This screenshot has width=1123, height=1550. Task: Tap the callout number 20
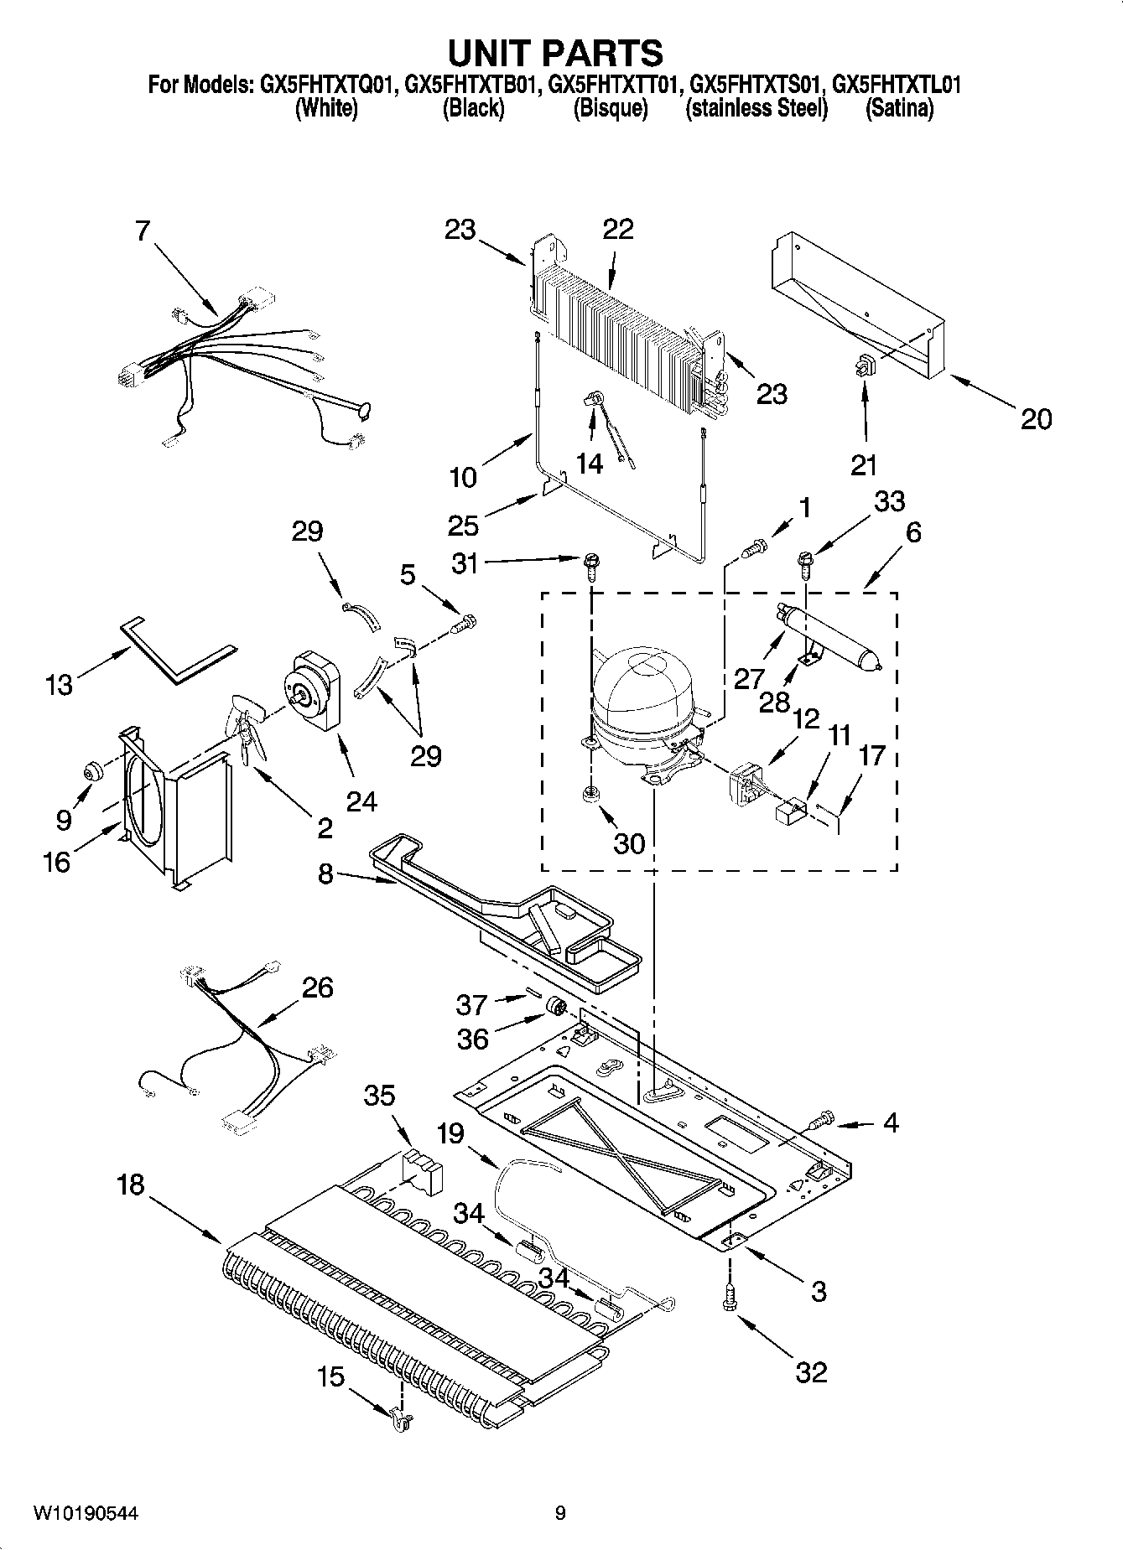[1035, 419]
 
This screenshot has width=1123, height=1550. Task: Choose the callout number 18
[131, 1185]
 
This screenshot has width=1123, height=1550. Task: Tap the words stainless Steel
[756, 109]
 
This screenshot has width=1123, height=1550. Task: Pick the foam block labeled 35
[422, 1167]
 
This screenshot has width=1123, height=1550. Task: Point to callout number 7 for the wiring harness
[143, 231]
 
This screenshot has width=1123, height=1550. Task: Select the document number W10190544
[86, 1513]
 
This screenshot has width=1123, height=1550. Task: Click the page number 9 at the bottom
[560, 1513]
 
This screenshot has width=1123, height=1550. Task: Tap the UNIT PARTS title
[555, 52]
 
